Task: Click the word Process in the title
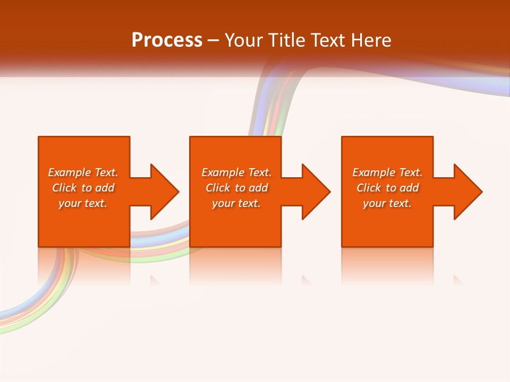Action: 167,40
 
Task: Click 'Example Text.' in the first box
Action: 83,172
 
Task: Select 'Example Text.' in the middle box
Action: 236,172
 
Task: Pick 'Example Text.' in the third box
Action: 387,172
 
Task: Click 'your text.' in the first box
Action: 83,203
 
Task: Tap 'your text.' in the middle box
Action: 236,203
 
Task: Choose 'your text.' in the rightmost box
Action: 387,203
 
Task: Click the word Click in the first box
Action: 64,188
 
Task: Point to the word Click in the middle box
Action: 218,188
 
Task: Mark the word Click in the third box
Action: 369,188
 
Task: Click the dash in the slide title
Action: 213,40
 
